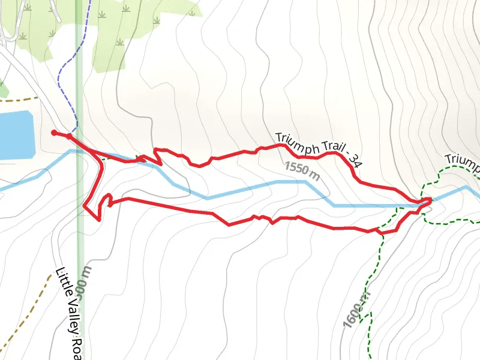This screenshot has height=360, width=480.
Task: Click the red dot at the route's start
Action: pyautogui.click(x=54, y=133)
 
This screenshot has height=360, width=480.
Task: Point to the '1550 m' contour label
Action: pyautogui.click(x=302, y=170)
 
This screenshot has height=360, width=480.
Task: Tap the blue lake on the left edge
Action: pyautogui.click(x=15, y=135)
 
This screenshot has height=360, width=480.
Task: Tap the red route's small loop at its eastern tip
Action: pyautogui.click(x=425, y=202)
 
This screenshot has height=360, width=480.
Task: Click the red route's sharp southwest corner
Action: pyautogui.click(x=97, y=219)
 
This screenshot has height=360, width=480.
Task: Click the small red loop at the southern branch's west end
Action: pyautogui.click(x=109, y=200)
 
